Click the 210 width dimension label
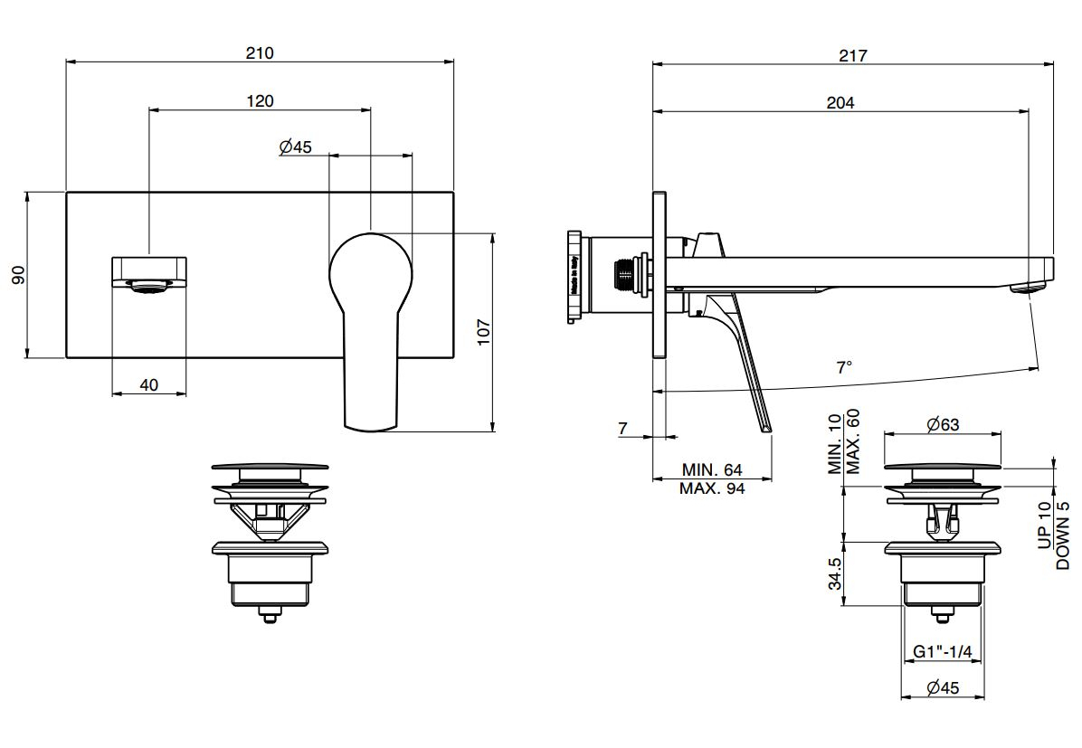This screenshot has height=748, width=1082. point(260,53)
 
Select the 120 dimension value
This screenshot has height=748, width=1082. point(260,101)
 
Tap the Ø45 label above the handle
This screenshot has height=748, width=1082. point(295,147)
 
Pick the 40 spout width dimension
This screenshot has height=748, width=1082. point(149,385)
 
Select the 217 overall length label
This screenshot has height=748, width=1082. point(852,55)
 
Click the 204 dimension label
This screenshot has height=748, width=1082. point(840,103)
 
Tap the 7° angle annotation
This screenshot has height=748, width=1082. point(844,367)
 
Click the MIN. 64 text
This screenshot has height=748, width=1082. point(712,470)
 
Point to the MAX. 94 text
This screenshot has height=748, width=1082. point(712,489)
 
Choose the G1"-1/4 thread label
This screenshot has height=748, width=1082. point(942,651)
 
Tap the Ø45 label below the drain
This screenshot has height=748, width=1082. point(943,688)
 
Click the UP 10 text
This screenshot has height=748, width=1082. point(1045,525)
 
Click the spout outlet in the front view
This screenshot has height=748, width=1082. point(150,287)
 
